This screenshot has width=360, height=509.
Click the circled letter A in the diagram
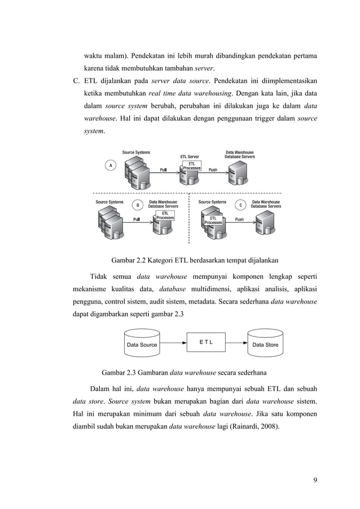coord(111,165)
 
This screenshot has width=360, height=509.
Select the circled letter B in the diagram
coord(135,205)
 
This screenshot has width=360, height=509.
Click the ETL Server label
coord(189,156)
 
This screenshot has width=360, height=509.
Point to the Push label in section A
coord(213,169)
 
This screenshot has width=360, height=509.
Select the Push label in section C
coord(240,220)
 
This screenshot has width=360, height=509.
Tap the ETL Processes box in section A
coord(192,166)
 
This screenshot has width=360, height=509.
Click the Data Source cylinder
coord(142,344)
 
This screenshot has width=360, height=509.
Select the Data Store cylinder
coord(265,344)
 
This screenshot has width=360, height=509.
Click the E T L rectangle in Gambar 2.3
coord(205,342)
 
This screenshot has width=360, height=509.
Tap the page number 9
coord(315,480)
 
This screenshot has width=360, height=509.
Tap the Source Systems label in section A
coord(137,152)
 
